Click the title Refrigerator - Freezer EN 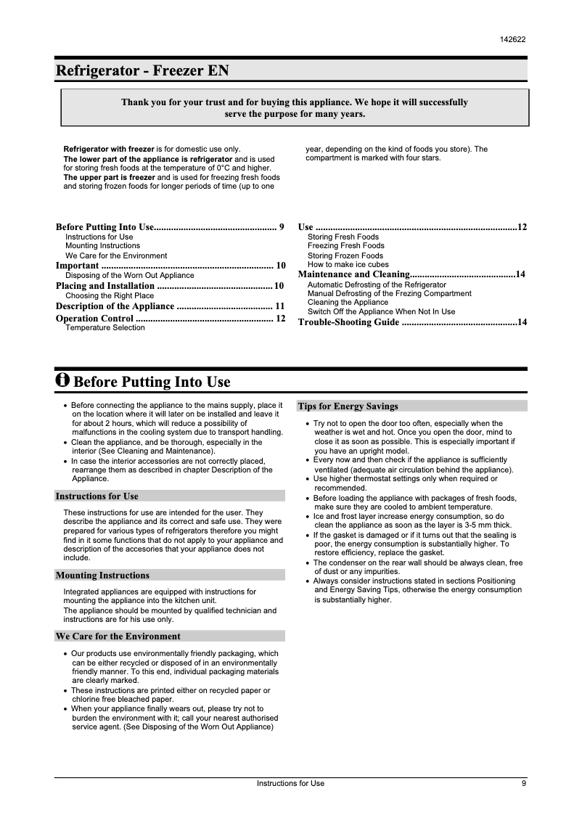(143, 71)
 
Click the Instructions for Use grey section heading (97, 496)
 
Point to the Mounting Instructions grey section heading (102, 576)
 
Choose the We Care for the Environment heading (118, 636)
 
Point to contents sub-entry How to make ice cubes (348, 265)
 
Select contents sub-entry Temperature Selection (105, 328)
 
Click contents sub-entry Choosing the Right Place (110, 296)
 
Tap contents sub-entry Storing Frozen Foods (345, 255)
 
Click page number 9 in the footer (523, 783)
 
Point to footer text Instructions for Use (291, 783)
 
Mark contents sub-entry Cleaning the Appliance (348, 303)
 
